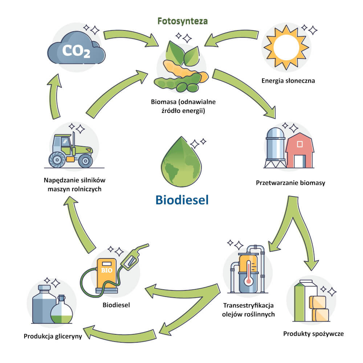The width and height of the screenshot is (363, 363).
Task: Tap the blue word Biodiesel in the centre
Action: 182,200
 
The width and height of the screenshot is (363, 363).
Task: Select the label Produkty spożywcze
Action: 313,334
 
